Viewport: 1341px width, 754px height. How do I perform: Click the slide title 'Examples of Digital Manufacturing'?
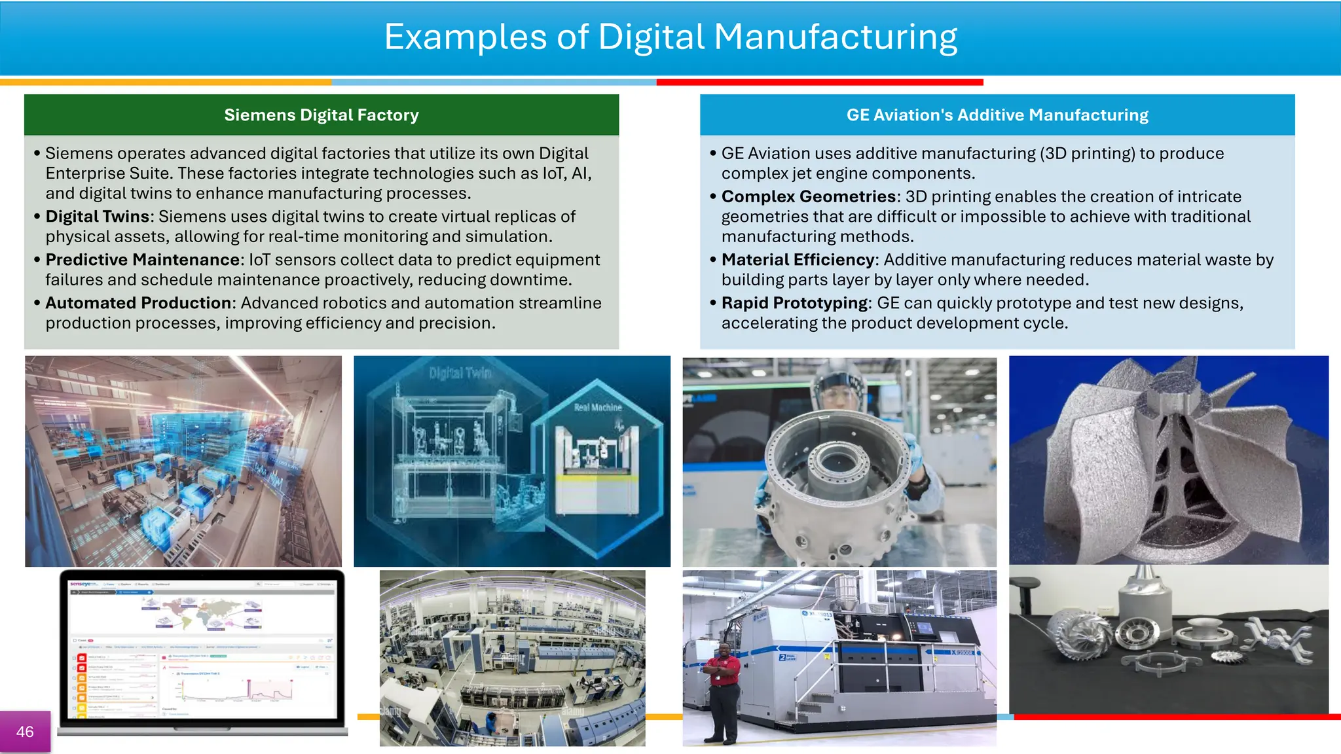670,37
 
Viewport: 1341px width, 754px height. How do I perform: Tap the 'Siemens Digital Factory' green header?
321,115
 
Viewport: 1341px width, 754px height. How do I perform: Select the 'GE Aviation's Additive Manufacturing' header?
997,115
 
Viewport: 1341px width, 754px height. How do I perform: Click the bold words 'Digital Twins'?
98,217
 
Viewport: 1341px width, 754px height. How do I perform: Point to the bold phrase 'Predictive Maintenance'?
142,260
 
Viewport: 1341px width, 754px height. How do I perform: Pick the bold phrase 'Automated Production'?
138,303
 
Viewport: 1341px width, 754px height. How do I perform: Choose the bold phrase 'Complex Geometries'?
809,196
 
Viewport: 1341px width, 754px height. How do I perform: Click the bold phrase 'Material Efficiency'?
798,260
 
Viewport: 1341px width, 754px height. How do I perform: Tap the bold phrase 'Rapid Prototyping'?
794,303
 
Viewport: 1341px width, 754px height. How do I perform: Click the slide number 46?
25,732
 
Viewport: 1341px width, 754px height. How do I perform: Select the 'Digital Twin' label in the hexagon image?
460,373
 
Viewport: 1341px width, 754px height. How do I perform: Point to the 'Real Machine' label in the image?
597,407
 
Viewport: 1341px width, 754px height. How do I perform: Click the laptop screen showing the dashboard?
202,648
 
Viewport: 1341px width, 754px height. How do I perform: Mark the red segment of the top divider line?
820,82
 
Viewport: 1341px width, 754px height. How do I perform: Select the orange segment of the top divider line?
166,82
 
